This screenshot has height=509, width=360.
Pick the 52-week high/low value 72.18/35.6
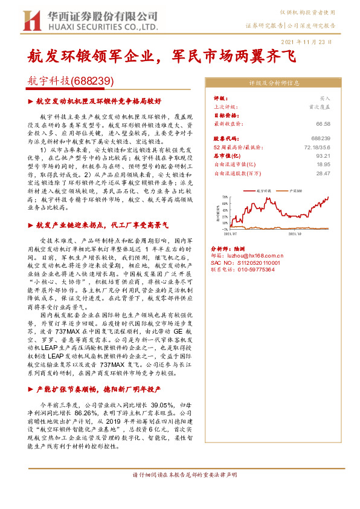316,147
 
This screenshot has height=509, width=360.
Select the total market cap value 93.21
323,155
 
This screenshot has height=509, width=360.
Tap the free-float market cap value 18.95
323,164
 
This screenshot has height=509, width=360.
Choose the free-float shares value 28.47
323,173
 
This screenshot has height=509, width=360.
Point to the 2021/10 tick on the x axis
294,233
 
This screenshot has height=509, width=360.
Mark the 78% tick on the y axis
225,197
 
